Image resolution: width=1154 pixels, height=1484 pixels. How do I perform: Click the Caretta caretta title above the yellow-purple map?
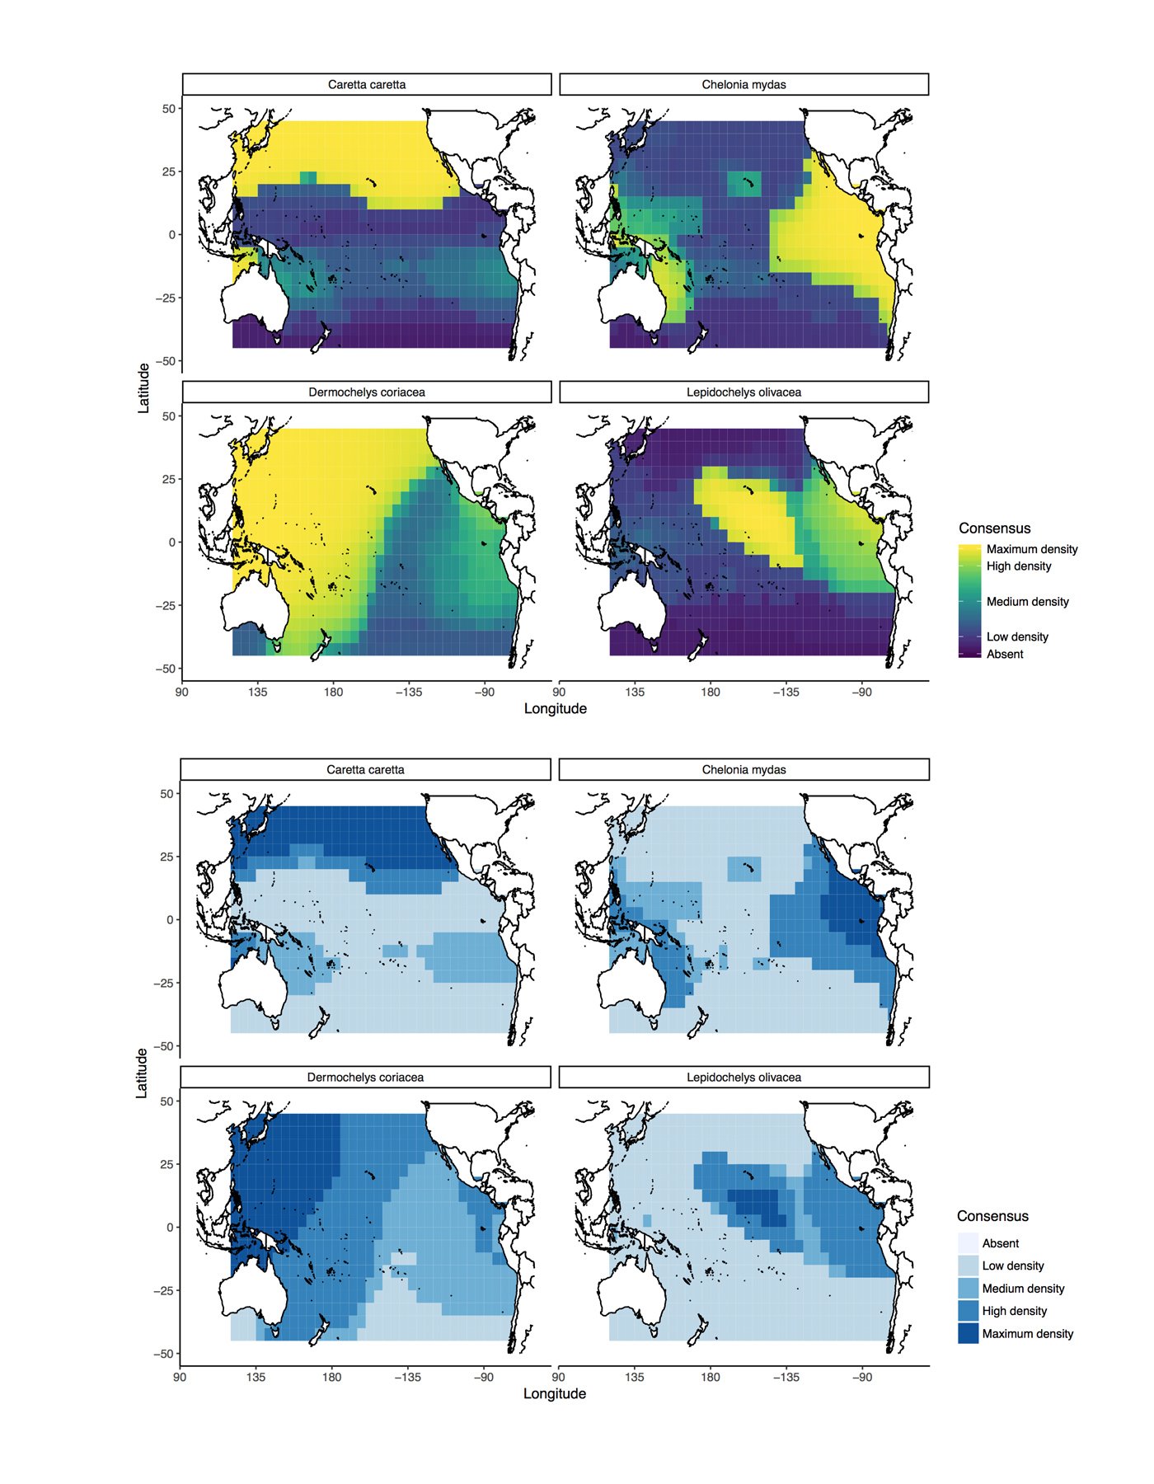[x=367, y=84]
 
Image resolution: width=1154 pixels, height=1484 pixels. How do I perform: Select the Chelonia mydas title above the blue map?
[x=744, y=769]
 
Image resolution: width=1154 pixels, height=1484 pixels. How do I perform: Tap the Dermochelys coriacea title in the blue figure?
[x=365, y=1077]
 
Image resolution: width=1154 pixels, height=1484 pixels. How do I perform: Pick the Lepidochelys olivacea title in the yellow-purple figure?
[x=744, y=392]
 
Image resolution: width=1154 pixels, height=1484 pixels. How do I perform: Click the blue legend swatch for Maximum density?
[x=968, y=1333]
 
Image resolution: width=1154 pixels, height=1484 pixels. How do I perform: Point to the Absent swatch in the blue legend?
[x=968, y=1243]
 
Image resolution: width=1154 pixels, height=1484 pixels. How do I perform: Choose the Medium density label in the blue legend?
[x=1023, y=1289]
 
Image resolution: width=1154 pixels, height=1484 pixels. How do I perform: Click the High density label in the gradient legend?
[x=1019, y=566]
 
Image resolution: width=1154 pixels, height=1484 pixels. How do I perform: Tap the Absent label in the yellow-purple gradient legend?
[x=1005, y=654]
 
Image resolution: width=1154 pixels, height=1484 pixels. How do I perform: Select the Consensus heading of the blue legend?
[x=992, y=1216]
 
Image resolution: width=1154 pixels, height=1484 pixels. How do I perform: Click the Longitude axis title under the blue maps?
[x=555, y=1393]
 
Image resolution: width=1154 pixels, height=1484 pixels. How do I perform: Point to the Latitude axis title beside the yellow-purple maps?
[x=144, y=387]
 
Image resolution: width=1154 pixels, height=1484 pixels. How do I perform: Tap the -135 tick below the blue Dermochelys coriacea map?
[x=407, y=1377]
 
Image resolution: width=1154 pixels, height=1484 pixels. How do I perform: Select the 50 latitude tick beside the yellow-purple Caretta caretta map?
[x=168, y=108]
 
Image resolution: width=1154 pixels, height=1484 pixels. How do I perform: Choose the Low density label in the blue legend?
[x=1013, y=1266]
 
